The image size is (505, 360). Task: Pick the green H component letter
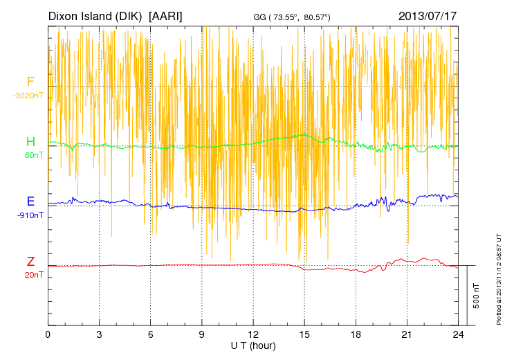click(x=30, y=143)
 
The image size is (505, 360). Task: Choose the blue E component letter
click(x=30, y=202)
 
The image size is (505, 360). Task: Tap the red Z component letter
click(x=30, y=262)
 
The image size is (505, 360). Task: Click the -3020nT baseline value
click(x=28, y=96)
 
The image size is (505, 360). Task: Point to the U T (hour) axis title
click(x=253, y=345)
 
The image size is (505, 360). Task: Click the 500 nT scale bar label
click(x=477, y=296)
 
